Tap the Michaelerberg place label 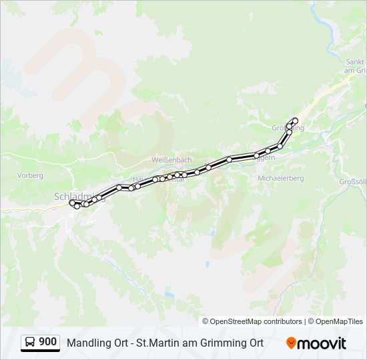[280, 179]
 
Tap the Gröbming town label [288, 128]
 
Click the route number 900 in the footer [47, 342]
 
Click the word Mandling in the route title [87, 343]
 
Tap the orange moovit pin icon [291, 343]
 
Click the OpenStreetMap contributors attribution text [256, 321]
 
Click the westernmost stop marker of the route [72, 203]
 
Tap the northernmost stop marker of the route [295, 120]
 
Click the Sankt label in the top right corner [354, 62]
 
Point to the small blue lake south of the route [169, 294]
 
